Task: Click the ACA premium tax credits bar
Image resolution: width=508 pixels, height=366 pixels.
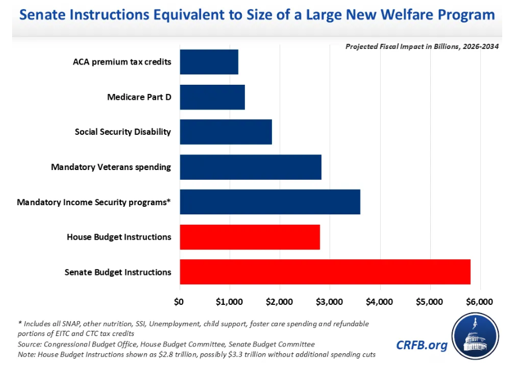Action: pos(209,62)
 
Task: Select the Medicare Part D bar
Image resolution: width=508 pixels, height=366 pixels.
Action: pos(213,97)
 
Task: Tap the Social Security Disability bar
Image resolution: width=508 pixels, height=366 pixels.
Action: pos(226,132)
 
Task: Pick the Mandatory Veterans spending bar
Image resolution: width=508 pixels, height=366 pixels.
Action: pos(251,167)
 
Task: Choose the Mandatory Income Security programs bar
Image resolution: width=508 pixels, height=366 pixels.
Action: pos(270,202)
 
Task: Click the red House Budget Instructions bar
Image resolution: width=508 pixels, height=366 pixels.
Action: pos(250,237)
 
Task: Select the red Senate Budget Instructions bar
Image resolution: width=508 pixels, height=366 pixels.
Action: pos(325,272)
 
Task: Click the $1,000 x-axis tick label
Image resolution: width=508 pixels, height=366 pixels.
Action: pos(229,301)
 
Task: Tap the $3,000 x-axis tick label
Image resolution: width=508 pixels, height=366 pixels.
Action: pos(329,301)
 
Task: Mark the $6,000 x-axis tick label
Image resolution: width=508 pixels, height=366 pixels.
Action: pos(479,301)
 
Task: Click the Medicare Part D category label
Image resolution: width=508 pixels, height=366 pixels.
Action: pos(139,97)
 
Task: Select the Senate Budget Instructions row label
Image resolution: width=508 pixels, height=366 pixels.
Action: pos(117,272)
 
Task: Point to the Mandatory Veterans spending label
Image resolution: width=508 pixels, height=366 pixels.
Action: pos(111,167)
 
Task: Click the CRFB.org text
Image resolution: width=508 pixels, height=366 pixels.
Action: pos(421,345)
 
